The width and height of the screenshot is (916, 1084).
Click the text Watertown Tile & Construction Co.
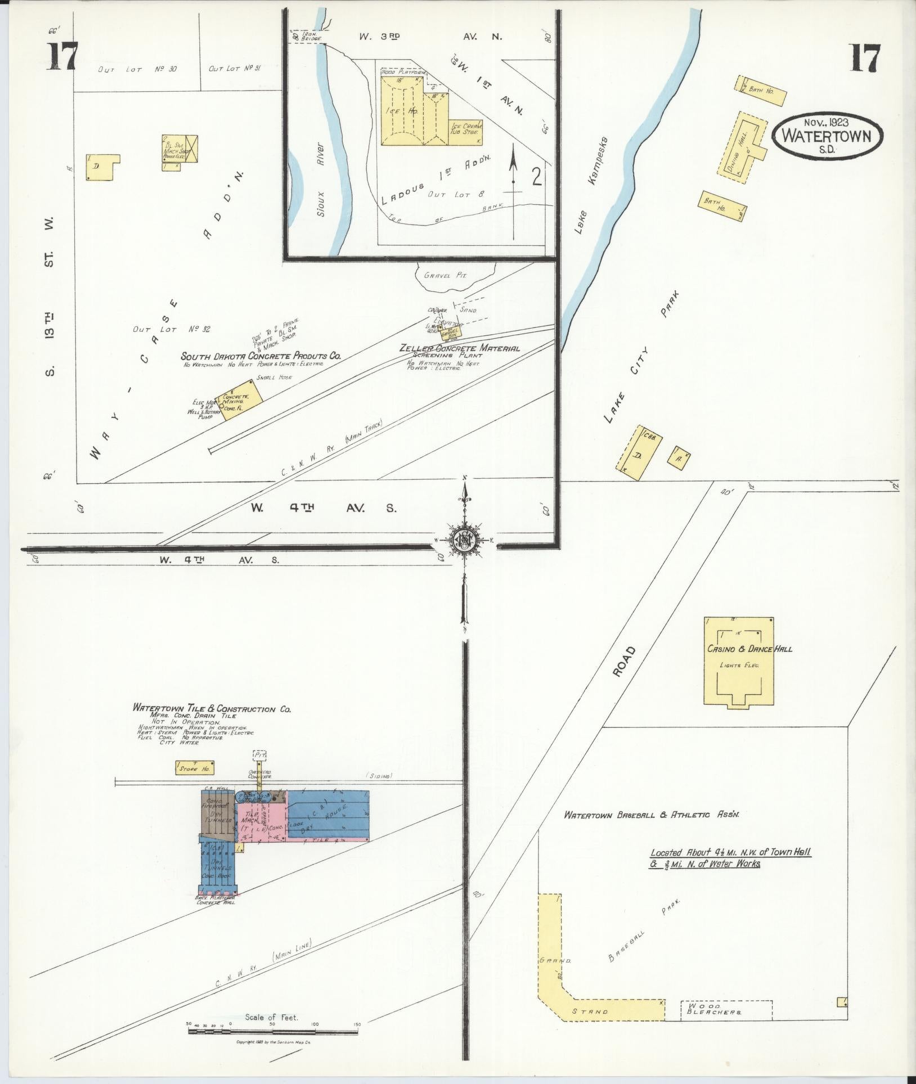[212, 709]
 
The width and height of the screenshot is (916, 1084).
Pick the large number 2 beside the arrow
[536, 178]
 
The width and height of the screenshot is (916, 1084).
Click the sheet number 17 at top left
[61, 57]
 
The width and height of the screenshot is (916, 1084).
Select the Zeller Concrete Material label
[459, 348]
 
